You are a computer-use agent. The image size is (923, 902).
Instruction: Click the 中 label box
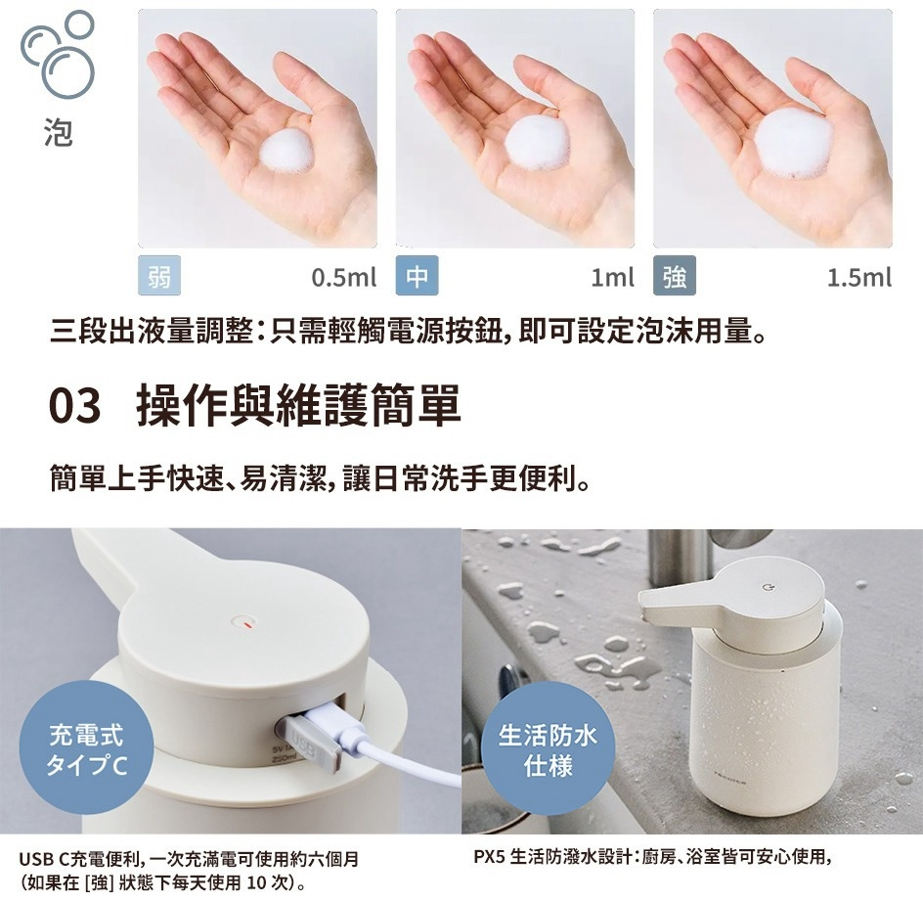pos(416,278)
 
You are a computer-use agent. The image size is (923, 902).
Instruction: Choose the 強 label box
pos(674,278)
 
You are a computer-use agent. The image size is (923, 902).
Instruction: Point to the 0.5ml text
pos(343,279)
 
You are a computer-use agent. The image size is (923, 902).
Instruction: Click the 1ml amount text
pos(612,279)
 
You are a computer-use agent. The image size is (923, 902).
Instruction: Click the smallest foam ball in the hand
pos(287,152)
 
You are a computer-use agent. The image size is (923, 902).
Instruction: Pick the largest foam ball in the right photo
pos(793,142)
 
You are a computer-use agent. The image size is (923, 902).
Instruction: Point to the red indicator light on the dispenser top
pos(246,620)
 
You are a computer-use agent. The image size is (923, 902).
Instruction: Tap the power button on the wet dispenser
pos(767,587)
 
